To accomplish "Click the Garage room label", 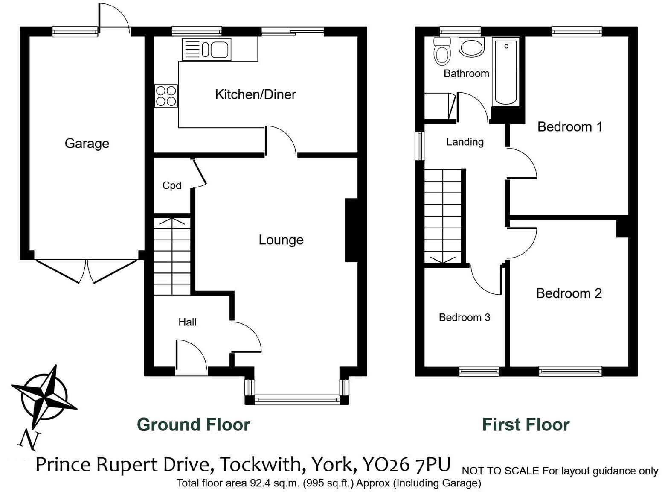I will tap(87, 143).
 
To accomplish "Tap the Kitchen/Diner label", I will tap(255, 94).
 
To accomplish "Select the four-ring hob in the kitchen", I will tap(166, 96).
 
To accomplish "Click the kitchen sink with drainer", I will tap(207, 49).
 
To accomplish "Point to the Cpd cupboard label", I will tap(172, 185).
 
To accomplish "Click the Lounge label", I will tap(281, 240).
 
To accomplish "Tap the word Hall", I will tap(187, 322).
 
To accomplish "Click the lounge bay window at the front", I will tap(297, 400).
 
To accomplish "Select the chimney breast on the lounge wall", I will tap(351, 230).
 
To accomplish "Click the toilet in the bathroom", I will tap(442, 51).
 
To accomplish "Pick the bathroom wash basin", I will tap(472, 47).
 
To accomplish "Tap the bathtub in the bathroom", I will tap(506, 71).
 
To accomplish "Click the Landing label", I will tap(465, 142).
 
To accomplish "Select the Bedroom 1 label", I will tap(569, 127).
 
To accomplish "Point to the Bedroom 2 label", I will tap(569, 293).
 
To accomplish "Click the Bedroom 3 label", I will tap(464, 317).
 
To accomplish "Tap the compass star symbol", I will tap(44, 393).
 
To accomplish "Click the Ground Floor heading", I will tap(193, 425).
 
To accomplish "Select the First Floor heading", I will tap(526, 425).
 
